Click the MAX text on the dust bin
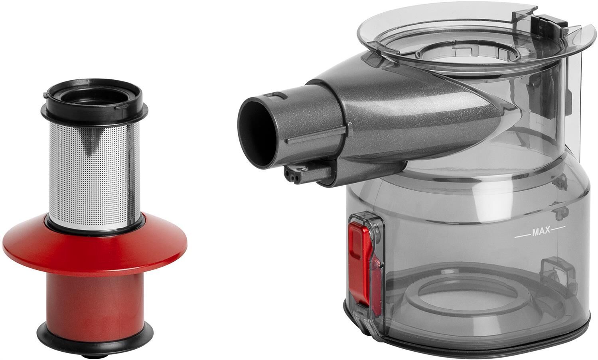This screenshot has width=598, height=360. (x=541, y=231)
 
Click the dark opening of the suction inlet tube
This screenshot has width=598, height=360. (x=256, y=133)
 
